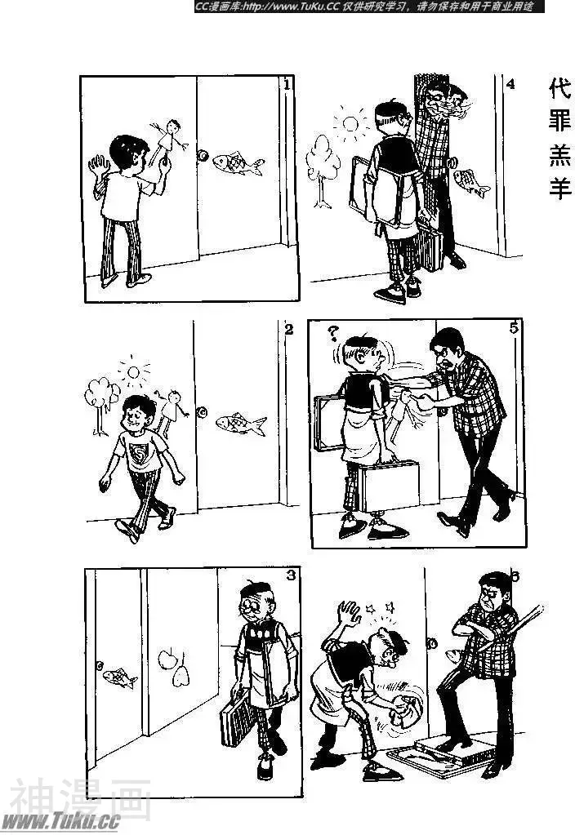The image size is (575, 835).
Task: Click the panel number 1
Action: pos(287,85)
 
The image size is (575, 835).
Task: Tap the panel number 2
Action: pos(289,330)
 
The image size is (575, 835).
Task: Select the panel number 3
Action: pos(291,575)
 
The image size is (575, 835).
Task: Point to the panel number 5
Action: pos(514,328)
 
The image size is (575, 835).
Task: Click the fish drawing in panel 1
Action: pos(238,163)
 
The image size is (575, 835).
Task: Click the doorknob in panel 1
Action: pos(203,156)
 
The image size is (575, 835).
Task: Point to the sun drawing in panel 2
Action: pos(133,371)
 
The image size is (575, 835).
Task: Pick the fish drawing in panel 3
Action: pos(119,678)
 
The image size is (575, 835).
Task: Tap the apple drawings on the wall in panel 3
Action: pos(174,668)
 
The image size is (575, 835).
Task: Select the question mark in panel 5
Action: pos(333,334)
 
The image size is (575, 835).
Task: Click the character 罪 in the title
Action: pos(560,122)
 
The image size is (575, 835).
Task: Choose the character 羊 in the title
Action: pos(560,187)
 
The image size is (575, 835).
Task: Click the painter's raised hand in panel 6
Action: pos(349,614)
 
